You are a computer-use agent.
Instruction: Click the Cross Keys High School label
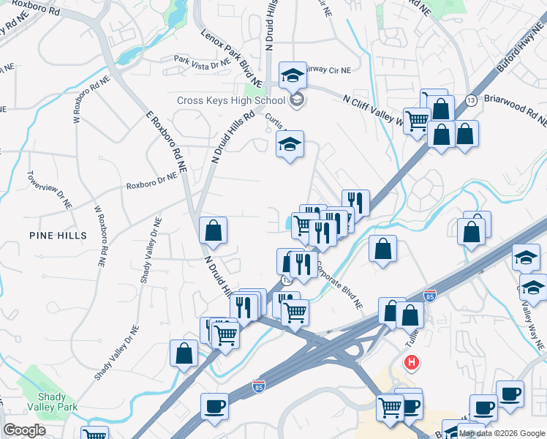[x=230, y=100]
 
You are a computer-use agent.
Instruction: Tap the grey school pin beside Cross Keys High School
[x=296, y=100]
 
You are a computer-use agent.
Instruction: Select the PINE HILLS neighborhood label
[x=58, y=235]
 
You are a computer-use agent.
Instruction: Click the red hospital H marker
[x=413, y=361]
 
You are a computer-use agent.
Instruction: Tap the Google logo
[x=25, y=430]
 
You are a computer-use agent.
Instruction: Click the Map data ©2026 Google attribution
[x=502, y=433]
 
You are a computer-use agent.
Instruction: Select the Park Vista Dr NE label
[x=201, y=61]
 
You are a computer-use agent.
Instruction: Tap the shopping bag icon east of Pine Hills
[x=213, y=230]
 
